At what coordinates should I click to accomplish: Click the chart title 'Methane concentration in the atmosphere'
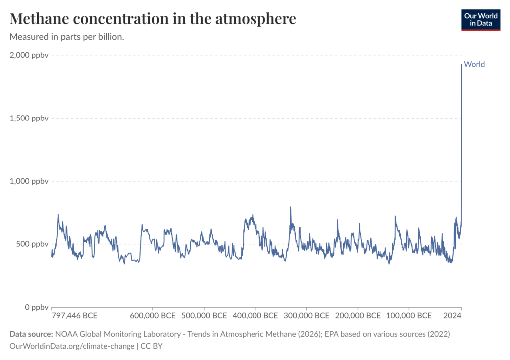click(x=153, y=19)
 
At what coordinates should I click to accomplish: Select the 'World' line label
click(x=474, y=64)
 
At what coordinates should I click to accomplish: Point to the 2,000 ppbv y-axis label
click(x=30, y=55)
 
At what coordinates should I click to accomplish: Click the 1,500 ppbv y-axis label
click(x=30, y=119)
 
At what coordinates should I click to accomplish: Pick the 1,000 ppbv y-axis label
click(x=30, y=181)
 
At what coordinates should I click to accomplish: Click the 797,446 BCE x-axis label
click(x=75, y=316)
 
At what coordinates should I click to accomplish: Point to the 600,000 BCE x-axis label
click(x=152, y=316)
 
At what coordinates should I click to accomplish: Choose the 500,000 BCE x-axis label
click(x=203, y=316)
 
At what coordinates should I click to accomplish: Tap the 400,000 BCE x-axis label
click(x=255, y=316)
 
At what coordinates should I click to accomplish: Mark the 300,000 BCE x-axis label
click(x=306, y=316)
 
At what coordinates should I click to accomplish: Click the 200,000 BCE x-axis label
click(x=357, y=316)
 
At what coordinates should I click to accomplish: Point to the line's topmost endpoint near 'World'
click(x=461, y=65)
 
